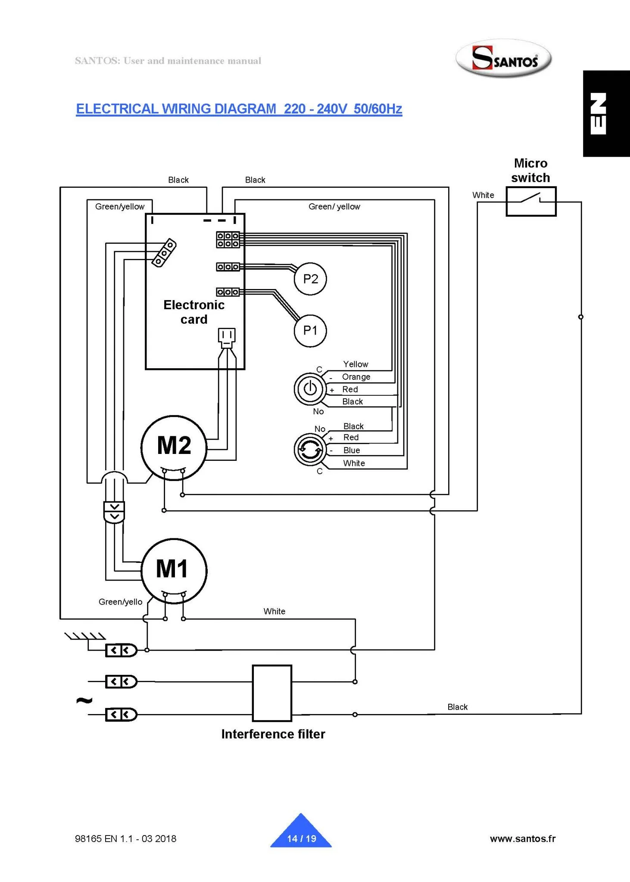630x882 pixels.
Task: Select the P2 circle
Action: click(x=310, y=279)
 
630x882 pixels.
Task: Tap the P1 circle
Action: click(x=310, y=330)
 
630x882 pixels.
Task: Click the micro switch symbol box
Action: click(x=531, y=201)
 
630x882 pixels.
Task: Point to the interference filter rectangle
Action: click(x=272, y=693)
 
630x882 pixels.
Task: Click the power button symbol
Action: click(x=310, y=388)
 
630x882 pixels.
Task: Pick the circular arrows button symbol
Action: click(x=310, y=450)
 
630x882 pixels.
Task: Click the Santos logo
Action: click(x=504, y=59)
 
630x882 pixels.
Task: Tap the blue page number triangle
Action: click(x=301, y=834)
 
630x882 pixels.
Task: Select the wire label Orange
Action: click(x=356, y=377)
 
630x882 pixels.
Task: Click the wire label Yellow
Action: click(x=356, y=364)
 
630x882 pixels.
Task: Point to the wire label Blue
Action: click(x=352, y=450)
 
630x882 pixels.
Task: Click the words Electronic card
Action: click(x=194, y=312)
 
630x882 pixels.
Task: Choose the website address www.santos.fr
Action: click(x=522, y=839)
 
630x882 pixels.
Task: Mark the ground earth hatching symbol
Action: click(x=85, y=636)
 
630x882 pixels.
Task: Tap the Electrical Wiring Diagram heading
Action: click(x=239, y=109)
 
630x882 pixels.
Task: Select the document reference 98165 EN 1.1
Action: click(x=125, y=839)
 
